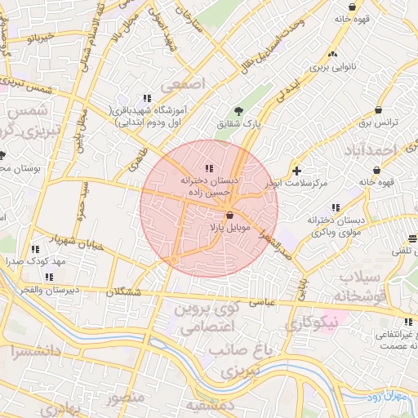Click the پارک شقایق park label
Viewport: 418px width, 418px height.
pos(236,125)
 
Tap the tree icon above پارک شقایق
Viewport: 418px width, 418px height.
pos(238,111)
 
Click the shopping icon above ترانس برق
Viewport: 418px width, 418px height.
pos(378,110)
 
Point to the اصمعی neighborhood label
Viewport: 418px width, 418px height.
pos(185,84)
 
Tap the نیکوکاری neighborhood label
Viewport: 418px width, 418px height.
pos(311,325)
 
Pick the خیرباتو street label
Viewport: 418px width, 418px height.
pos(39,38)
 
